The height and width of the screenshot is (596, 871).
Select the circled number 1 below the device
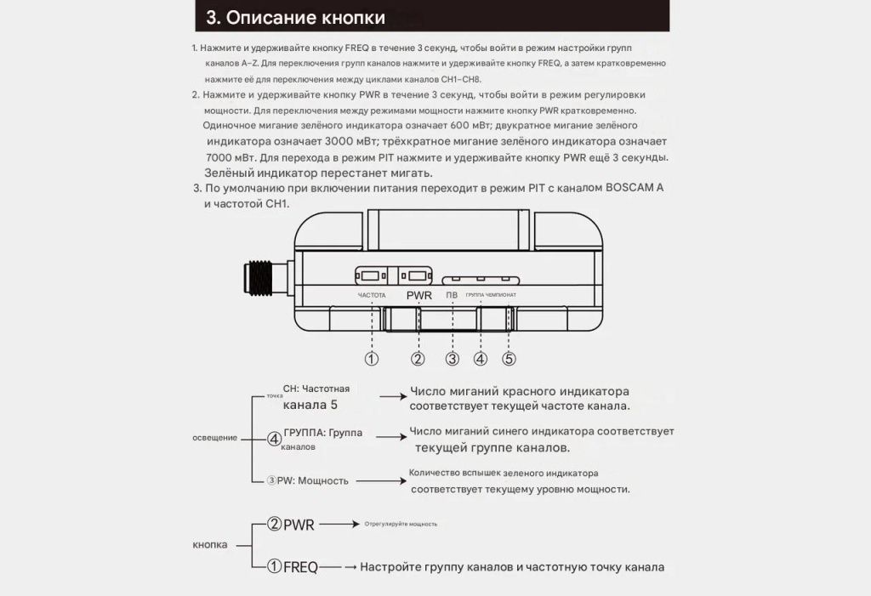(372, 359)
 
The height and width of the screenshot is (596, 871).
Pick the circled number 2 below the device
(418, 359)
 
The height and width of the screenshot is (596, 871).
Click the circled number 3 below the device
(453, 359)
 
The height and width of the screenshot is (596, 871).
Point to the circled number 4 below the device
(481, 359)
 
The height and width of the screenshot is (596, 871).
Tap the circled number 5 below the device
(510, 359)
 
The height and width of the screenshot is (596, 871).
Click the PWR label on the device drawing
(419, 296)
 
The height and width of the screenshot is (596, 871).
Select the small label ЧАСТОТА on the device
(372, 295)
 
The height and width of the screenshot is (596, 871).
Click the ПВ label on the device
(453, 295)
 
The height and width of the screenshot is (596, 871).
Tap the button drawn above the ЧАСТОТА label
(371, 275)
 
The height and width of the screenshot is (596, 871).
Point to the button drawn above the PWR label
(415, 275)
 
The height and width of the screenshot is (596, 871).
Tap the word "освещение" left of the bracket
(214, 437)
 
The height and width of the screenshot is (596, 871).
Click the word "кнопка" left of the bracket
(210, 544)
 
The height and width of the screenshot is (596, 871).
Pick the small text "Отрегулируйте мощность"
(401, 524)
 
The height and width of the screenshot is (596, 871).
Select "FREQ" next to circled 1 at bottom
(300, 567)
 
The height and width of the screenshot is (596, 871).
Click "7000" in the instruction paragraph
(224, 158)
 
